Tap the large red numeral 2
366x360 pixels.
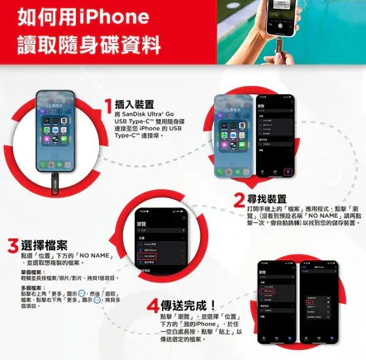(x=240, y=199)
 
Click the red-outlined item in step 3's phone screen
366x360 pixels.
(x=149, y=234)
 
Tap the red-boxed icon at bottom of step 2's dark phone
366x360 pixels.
(x=288, y=172)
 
